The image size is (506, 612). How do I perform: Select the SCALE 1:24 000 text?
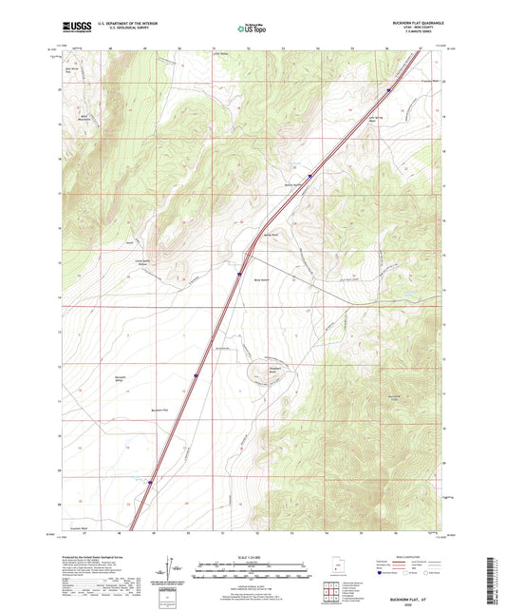tap(253, 556)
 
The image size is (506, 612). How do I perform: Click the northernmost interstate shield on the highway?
tap(388, 91)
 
